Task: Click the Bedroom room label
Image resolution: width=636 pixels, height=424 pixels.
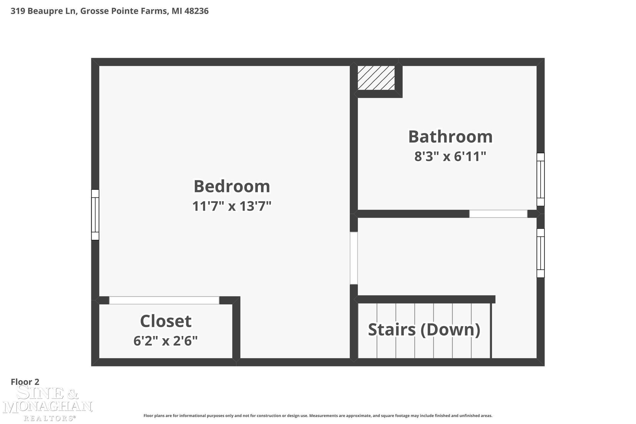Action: pos(232,186)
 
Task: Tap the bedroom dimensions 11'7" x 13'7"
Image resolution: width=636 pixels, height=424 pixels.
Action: pos(232,206)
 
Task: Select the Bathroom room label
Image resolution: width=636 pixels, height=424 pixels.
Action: pos(450,137)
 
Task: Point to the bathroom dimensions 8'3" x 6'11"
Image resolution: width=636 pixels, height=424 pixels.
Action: pos(450,156)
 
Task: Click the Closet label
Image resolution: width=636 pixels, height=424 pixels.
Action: pos(166,321)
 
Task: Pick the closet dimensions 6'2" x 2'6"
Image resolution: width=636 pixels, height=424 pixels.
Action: pos(166,341)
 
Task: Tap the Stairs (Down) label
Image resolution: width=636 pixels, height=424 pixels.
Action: pos(424,330)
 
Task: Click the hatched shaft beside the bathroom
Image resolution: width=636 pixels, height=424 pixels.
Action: pos(376,78)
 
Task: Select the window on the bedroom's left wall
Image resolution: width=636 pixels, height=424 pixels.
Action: pos(95,215)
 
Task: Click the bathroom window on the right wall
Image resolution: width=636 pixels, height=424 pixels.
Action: pos(541,179)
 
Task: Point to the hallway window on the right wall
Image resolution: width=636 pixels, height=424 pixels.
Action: pos(541,253)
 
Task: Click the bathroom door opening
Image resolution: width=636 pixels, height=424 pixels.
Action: pos(498,214)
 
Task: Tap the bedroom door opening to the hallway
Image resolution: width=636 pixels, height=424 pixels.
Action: pos(354,258)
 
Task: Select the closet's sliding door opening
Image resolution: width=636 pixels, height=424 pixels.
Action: pos(164,300)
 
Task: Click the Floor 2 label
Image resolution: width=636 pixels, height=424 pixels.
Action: pos(25,382)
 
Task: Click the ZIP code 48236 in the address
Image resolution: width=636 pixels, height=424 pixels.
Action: pos(196,11)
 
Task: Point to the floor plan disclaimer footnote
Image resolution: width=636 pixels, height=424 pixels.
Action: pos(318,416)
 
